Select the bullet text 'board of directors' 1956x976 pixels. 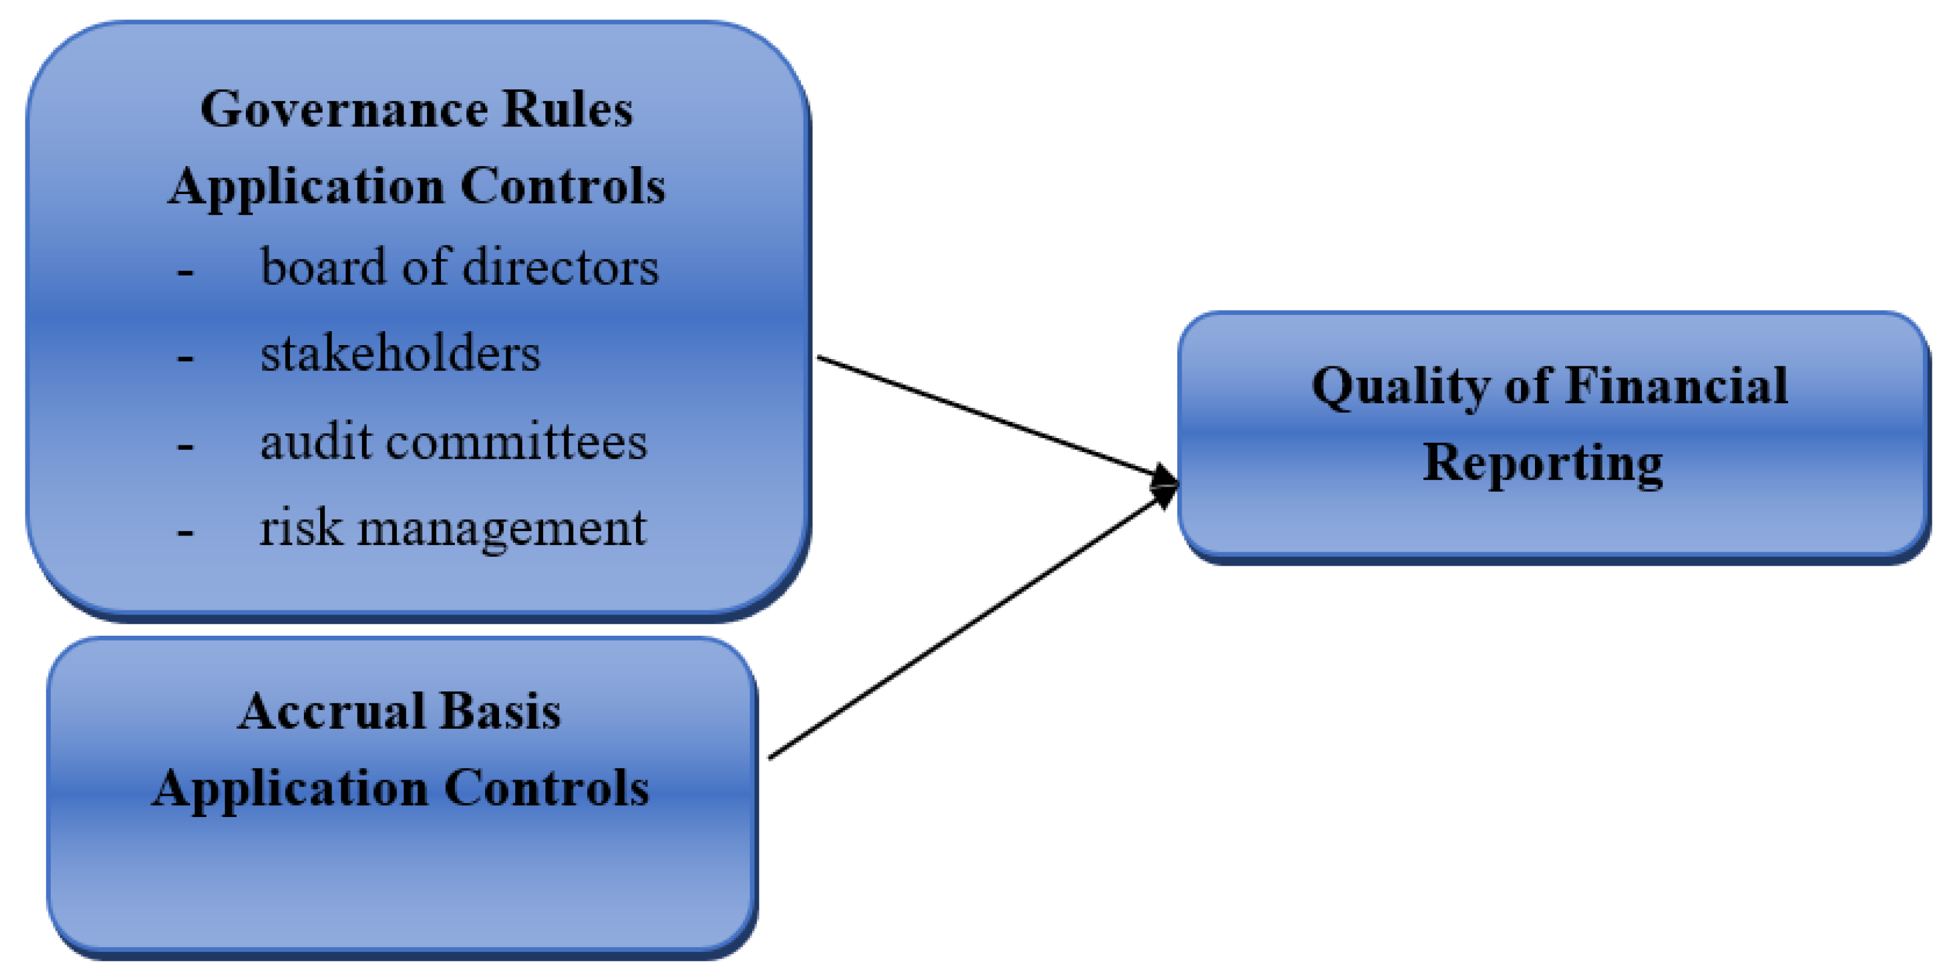click(x=459, y=267)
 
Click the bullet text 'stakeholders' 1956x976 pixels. click(x=400, y=354)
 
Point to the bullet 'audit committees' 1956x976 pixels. click(x=453, y=442)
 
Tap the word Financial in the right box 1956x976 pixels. click(x=1676, y=386)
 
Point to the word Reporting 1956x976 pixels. click(x=1542, y=464)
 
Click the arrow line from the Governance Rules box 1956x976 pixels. click(x=987, y=417)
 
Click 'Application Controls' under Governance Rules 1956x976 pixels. click(x=416, y=187)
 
